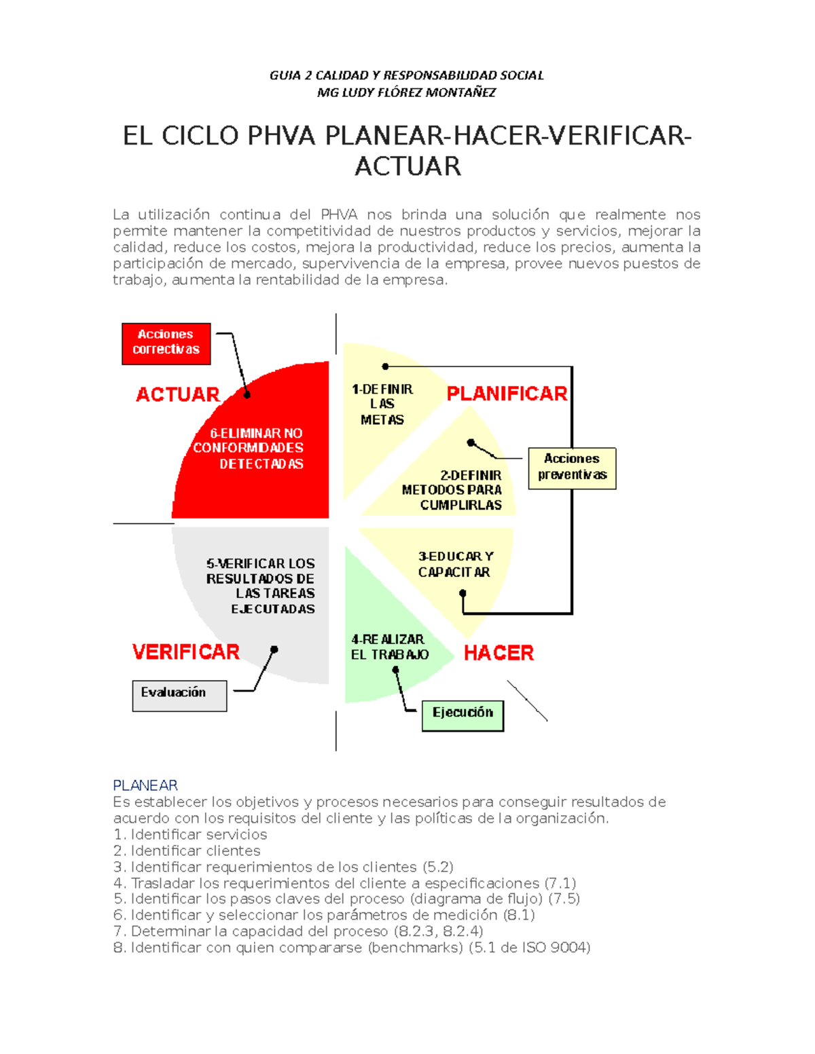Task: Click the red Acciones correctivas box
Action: pyautogui.click(x=166, y=343)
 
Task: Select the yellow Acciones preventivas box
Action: pyautogui.click(x=572, y=468)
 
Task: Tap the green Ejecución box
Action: pyautogui.click(x=463, y=715)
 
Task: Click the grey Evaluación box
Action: pyautogui.click(x=179, y=695)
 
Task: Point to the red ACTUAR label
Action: pyautogui.click(x=178, y=394)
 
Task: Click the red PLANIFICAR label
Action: pyautogui.click(x=507, y=394)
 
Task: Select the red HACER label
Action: pyautogui.click(x=499, y=653)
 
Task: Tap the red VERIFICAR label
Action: pyautogui.click(x=186, y=652)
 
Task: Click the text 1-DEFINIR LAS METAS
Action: pyautogui.click(x=382, y=404)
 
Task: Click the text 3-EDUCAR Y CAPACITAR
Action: pyautogui.click(x=455, y=564)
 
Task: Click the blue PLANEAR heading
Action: pyautogui.click(x=145, y=785)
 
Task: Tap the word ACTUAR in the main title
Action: pyautogui.click(x=407, y=166)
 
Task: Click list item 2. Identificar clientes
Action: pyautogui.click(x=187, y=850)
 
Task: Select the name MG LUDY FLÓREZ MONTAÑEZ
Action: pyautogui.click(x=406, y=92)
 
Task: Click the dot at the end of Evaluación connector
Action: pyautogui.click(x=274, y=650)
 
